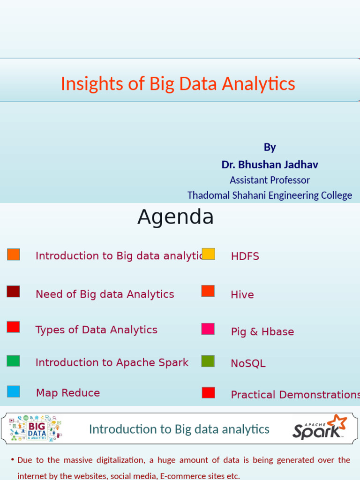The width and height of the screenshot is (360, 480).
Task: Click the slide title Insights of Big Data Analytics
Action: pos(178,84)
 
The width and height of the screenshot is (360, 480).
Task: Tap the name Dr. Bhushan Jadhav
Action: pos(270,165)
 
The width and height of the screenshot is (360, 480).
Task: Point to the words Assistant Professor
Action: pos(270,180)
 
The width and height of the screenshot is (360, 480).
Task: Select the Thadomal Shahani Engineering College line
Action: pos(270,195)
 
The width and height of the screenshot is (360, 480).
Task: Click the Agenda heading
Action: pos(175,217)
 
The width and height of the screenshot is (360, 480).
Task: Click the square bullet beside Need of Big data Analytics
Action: pos(13,292)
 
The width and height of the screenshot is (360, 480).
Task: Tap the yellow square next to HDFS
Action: pos(208,254)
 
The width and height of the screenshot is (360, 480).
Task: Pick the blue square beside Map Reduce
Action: pos(13,391)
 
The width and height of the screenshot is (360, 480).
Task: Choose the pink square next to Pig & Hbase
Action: pos(208,329)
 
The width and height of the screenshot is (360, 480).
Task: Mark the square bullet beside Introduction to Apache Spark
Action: pos(13,361)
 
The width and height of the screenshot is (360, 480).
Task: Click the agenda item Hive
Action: pos(242,295)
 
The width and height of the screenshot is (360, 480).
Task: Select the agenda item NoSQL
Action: pos(248,364)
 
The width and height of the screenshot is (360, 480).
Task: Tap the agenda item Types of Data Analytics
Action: pos(97,330)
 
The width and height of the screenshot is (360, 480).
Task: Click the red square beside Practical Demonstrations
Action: pos(208,393)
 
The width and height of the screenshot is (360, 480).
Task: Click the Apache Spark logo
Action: pos(320,427)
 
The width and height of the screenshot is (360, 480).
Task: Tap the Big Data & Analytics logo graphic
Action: pos(36,428)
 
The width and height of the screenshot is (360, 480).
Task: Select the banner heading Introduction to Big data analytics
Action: pos(179,429)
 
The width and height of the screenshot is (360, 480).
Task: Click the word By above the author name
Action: pos(270,147)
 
